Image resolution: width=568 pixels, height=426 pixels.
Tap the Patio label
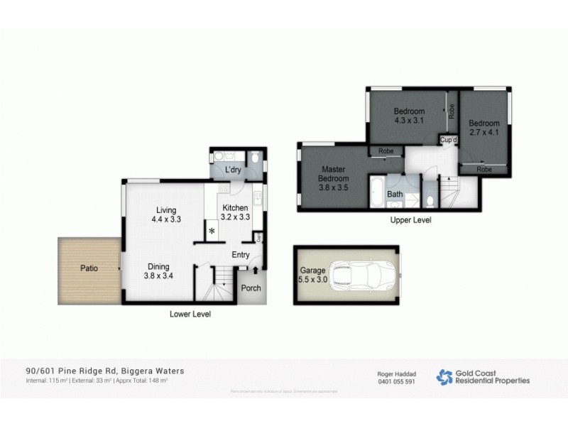click(89, 269)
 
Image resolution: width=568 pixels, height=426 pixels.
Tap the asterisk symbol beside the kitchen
click(212, 231)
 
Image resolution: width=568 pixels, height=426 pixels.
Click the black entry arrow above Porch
click(255, 270)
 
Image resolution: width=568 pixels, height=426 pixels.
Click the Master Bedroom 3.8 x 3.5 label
click(333, 179)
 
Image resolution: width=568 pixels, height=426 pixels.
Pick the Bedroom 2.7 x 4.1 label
click(484, 127)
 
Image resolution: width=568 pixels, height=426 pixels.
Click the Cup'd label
click(448, 141)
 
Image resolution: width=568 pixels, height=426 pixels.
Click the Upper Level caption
click(411, 222)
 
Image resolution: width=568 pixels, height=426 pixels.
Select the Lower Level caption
click(190, 313)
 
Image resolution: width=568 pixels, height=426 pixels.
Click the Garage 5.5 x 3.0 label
click(312, 275)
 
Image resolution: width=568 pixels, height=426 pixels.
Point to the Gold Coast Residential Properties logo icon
click(444, 376)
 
